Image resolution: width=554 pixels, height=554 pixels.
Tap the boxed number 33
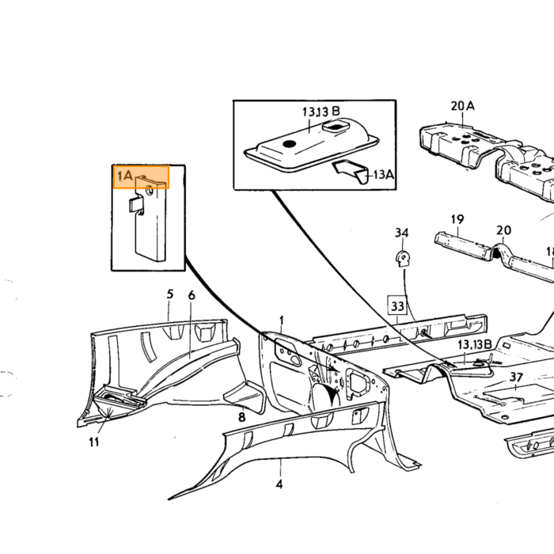pyautogui.click(x=397, y=305)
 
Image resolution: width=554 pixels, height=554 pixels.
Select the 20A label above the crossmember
pyautogui.click(x=462, y=105)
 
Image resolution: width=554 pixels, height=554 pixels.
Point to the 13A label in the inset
pyautogui.click(x=383, y=174)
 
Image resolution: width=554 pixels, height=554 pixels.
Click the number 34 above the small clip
pyautogui.click(x=402, y=233)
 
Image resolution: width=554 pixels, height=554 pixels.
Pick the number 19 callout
pyautogui.click(x=457, y=219)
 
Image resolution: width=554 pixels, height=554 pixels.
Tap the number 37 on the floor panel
pyautogui.click(x=516, y=377)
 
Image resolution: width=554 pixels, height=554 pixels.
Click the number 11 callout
pyautogui.click(x=94, y=442)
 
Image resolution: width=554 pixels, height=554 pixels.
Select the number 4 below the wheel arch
pyautogui.click(x=279, y=484)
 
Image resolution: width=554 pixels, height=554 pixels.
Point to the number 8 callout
pyautogui.click(x=241, y=417)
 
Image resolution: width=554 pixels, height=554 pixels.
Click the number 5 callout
pyautogui.click(x=170, y=294)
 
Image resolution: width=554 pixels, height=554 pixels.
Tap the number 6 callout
pyautogui.click(x=192, y=295)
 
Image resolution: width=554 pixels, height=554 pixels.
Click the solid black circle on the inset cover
pyautogui.click(x=290, y=144)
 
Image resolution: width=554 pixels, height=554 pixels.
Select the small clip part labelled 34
pyautogui.click(x=402, y=258)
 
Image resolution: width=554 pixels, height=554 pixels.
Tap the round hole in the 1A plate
pyautogui.click(x=149, y=191)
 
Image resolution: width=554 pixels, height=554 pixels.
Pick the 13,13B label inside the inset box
pyautogui.click(x=321, y=112)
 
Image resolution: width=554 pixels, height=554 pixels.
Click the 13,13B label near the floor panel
pyautogui.click(x=475, y=344)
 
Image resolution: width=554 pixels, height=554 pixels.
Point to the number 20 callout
pyautogui.click(x=503, y=230)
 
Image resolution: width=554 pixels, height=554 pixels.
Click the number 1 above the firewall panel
pyautogui.click(x=282, y=321)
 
